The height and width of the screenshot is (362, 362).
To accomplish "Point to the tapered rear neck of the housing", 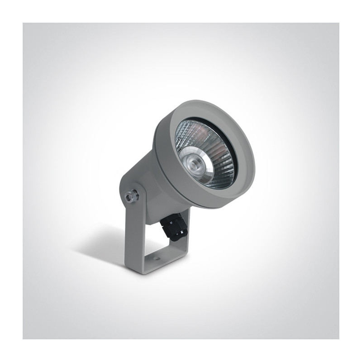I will click(140, 181).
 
